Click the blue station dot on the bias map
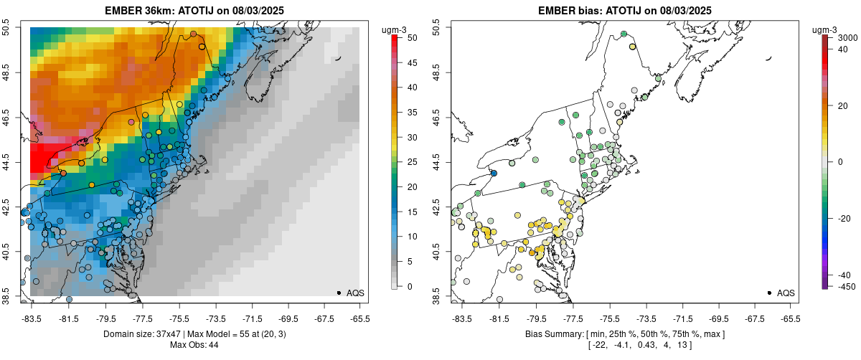494,173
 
